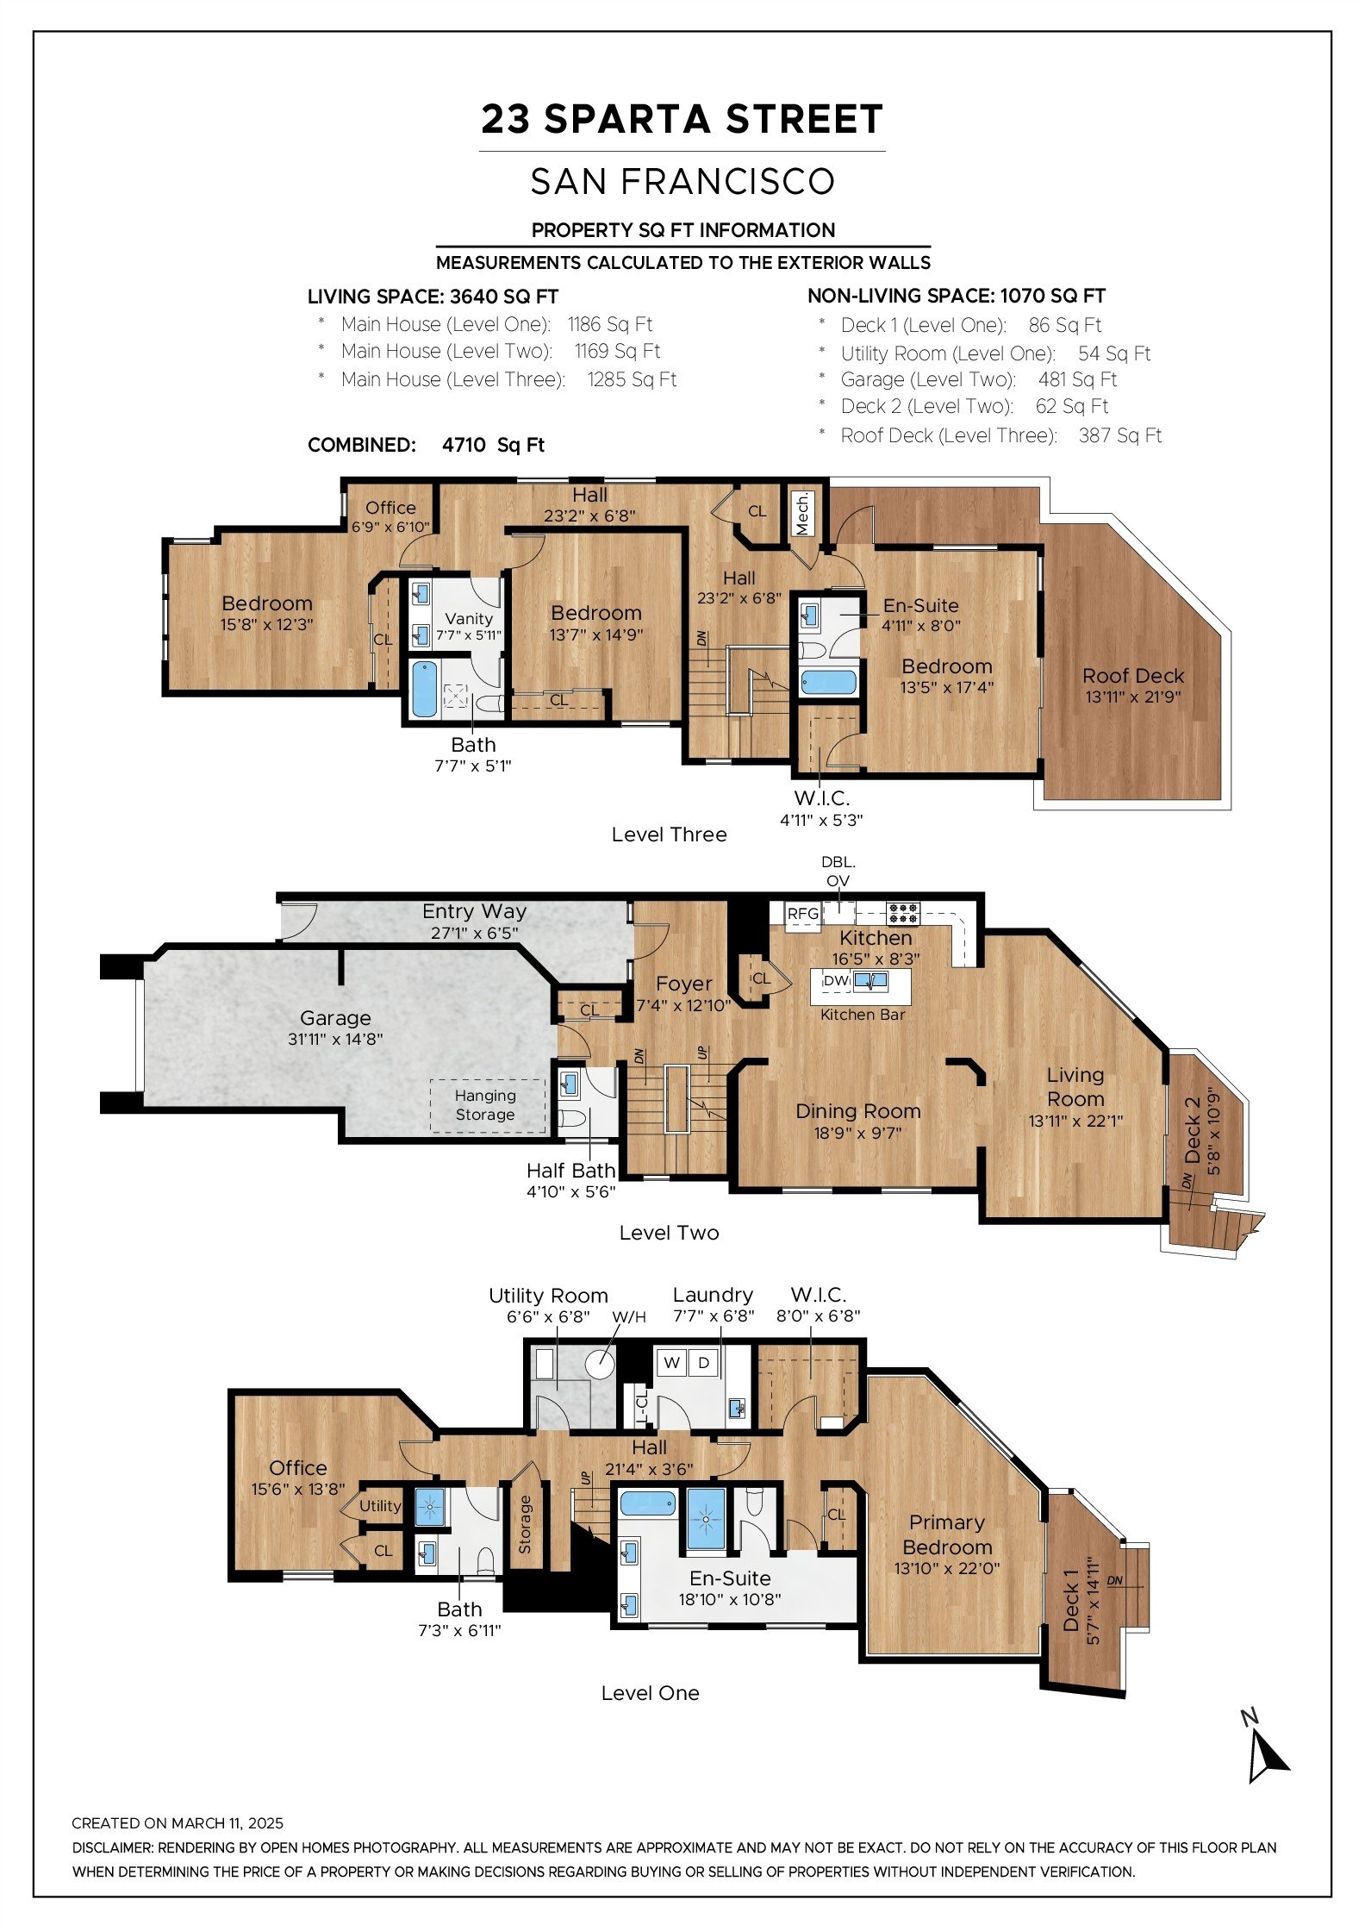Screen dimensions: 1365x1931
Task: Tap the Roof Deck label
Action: (1133, 676)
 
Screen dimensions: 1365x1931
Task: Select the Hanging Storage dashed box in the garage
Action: (488, 1105)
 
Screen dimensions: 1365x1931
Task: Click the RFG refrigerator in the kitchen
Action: (802, 915)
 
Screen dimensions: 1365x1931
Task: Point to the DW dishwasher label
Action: (836, 980)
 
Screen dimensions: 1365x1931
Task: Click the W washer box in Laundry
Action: (671, 1363)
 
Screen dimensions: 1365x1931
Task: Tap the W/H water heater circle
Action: (600, 1364)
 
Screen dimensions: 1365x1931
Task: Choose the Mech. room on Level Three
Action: (803, 515)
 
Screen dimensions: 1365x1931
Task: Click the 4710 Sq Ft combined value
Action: (493, 445)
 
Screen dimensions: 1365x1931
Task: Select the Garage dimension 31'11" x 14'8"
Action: (335, 1040)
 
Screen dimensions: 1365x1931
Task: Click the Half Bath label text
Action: (570, 1170)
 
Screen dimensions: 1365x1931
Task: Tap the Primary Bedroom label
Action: (947, 1534)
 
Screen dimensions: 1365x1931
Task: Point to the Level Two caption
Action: (669, 1232)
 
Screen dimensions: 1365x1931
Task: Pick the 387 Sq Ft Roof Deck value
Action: (1119, 435)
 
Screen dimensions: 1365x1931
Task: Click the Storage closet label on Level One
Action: (525, 1525)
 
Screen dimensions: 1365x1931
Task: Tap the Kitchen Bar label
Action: (863, 1015)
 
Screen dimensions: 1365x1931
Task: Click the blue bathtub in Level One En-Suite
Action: (647, 1504)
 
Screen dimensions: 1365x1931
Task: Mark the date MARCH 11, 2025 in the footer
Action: (227, 1823)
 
